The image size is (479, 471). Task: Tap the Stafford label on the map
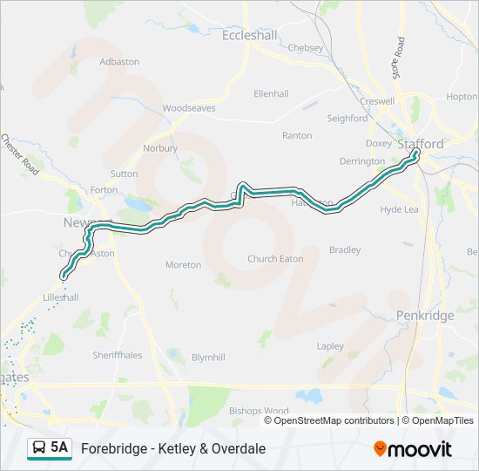coord(421,143)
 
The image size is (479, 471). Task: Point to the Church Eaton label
coord(274,258)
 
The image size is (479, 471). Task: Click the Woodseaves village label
coord(189,108)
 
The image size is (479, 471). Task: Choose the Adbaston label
coord(119,62)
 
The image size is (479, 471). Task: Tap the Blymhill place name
coord(208,358)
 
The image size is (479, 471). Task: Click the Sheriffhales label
coord(118,355)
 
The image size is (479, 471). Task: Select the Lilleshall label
coord(61,297)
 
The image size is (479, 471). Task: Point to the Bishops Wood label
coord(259,410)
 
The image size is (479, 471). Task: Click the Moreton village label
coord(183,264)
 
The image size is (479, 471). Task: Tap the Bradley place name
coord(345,249)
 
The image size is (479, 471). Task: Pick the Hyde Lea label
coord(400,209)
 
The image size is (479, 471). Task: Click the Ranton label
coord(297,135)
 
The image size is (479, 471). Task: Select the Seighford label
coord(347,118)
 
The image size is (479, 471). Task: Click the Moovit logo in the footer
coord(413,448)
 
